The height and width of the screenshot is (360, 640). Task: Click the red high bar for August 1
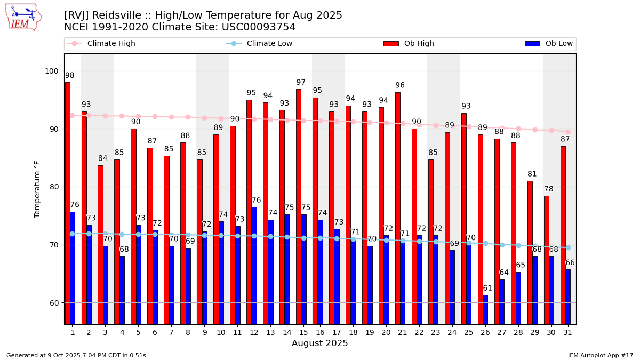point(68,203)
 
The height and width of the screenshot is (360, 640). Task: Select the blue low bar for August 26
point(485,309)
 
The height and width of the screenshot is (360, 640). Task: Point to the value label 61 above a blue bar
point(487,289)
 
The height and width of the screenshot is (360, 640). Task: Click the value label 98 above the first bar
point(70,76)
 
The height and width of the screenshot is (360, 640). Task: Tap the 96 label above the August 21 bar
point(400,85)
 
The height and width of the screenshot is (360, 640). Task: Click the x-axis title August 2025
point(320,343)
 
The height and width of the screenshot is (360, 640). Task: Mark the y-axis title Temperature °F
point(37,189)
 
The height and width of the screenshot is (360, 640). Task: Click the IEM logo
point(23,17)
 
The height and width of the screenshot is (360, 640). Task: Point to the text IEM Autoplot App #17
point(601,355)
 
